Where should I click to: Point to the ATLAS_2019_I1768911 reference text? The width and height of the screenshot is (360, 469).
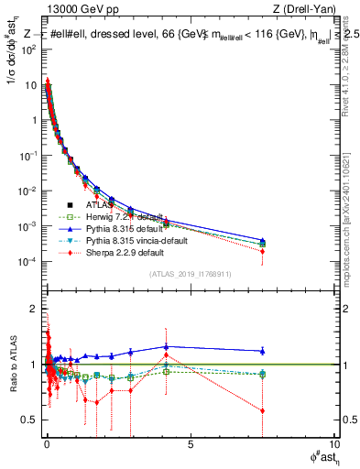click(x=189, y=273)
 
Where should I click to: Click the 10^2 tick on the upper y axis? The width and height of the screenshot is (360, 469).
click(x=27, y=49)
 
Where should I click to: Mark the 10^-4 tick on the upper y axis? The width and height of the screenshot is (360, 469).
click(x=27, y=262)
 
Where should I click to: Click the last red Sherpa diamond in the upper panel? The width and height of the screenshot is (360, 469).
click(x=263, y=251)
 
